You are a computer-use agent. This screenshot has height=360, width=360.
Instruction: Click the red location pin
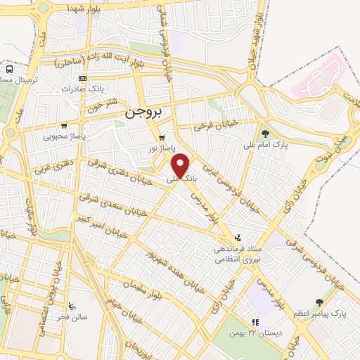coord(182,165)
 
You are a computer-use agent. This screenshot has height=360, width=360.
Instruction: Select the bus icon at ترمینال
coord(10,70)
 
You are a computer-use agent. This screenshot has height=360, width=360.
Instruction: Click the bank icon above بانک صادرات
coord(83,78)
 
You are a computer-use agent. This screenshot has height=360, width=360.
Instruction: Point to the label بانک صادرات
coord(77,89)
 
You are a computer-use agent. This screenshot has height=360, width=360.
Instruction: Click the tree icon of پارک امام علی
coord(265,133)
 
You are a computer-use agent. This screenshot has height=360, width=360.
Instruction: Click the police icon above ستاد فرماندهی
coord(238,238)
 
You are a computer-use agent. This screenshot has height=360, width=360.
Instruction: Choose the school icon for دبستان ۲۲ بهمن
coord(256,322)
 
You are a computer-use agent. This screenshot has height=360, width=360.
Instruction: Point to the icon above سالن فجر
coord(71,306)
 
